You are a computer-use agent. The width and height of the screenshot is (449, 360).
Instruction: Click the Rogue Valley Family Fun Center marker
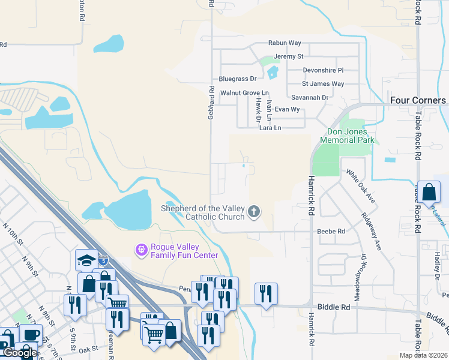point(142,249)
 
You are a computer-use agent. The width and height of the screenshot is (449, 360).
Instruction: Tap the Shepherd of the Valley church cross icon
point(254,211)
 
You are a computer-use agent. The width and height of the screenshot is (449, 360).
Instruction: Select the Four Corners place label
point(418,100)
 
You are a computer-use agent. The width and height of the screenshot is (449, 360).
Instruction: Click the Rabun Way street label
point(285,43)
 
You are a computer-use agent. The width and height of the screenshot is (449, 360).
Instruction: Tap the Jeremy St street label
point(289,56)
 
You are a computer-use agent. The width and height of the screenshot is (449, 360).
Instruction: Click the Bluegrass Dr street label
point(238,79)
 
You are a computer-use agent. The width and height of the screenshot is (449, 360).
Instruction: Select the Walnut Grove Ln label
point(244,93)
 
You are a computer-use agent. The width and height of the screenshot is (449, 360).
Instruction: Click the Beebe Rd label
point(331,231)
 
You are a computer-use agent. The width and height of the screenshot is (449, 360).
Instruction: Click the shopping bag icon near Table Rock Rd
point(429,193)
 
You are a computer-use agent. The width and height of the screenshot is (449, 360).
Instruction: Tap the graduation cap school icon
point(86,260)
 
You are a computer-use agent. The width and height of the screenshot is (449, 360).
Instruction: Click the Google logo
point(20,353)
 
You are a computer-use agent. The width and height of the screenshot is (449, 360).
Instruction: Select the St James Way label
point(323,84)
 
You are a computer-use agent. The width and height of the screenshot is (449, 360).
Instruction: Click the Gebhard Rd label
point(211,102)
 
